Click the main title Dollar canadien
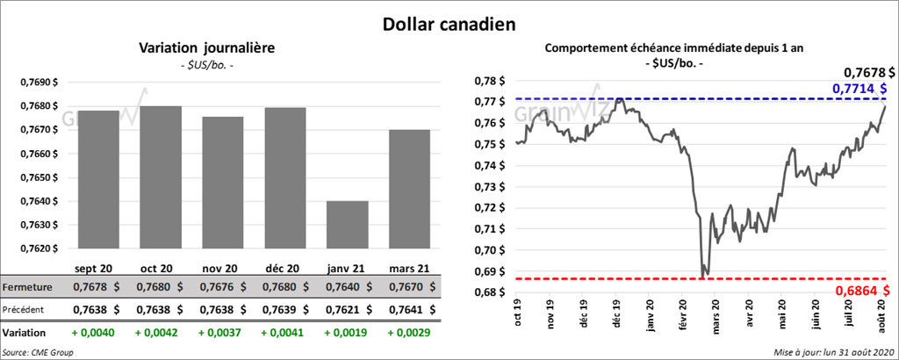(x=449, y=22)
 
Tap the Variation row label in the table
(x=25, y=334)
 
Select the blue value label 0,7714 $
(x=858, y=89)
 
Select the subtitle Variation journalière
(x=207, y=47)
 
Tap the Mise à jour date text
(x=832, y=352)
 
